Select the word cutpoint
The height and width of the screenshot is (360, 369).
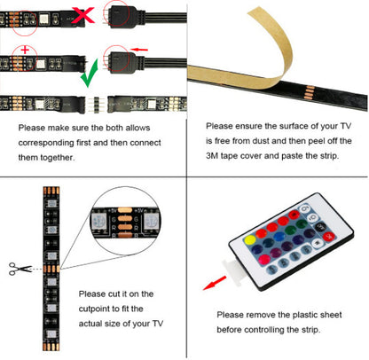click(100, 308)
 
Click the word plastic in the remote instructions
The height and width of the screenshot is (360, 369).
click(301, 314)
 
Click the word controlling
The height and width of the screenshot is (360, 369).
click(274, 329)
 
